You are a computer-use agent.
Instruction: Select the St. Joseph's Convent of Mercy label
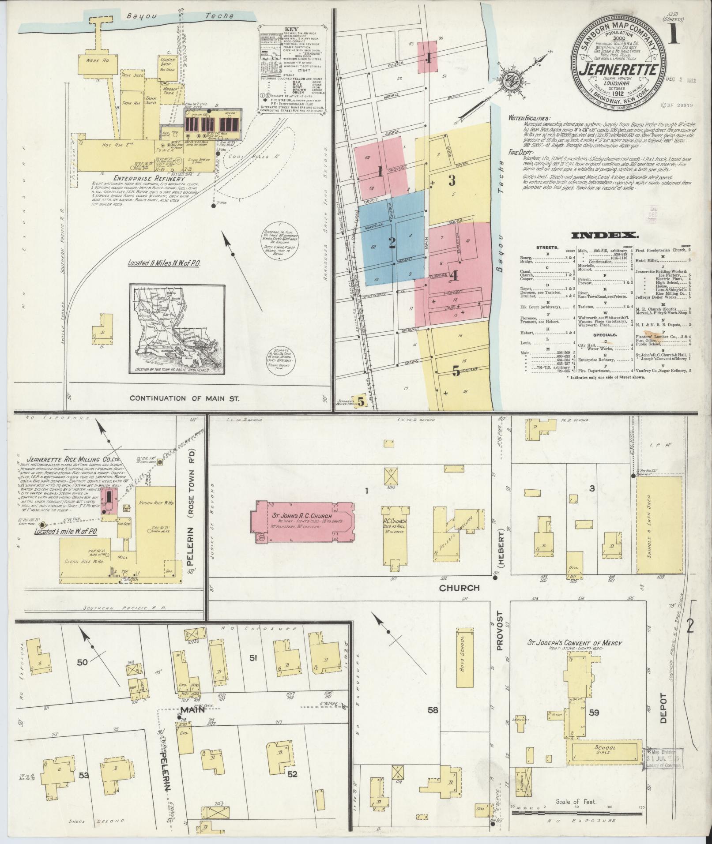click(x=576, y=643)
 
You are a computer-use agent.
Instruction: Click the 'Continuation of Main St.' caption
click(x=184, y=398)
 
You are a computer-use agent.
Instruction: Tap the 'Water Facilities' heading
click(x=529, y=118)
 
